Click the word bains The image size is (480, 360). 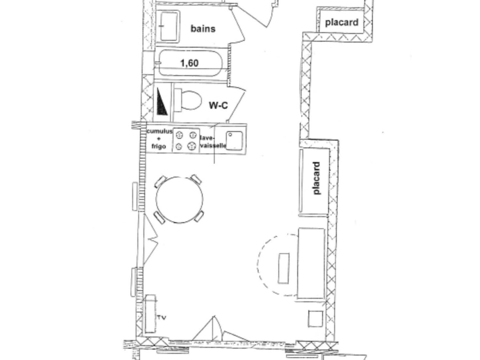pyautogui.click(x=203, y=29)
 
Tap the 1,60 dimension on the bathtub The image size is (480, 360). pyautogui.click(x=189, y=63)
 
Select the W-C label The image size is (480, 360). pyautogui.click(x=218, y=105)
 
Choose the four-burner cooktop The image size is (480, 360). pyautogui.click(x=186, y=140)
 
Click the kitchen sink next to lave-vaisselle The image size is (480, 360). pyautogui.click(x=234, y=140)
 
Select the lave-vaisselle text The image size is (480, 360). pyautogui.click(x=213, y=142)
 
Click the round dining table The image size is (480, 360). pyautogui.click(x=179, y=200)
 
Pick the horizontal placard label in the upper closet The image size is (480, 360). pyautogui.click(x=342, y=22)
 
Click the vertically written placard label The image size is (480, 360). pyautogui.click(x=316, y=178)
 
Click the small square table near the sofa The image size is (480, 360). pyautogui.click(x=315, y=319)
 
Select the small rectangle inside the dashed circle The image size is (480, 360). pyautogui.click(x=284, y=268)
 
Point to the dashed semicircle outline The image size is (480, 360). pyautogui.click(x=258, y=264)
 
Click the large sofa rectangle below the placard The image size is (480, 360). pyautogui.click(x=311, y=263)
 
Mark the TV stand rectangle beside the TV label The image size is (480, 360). pyautogui.click(x=150, y=314)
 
